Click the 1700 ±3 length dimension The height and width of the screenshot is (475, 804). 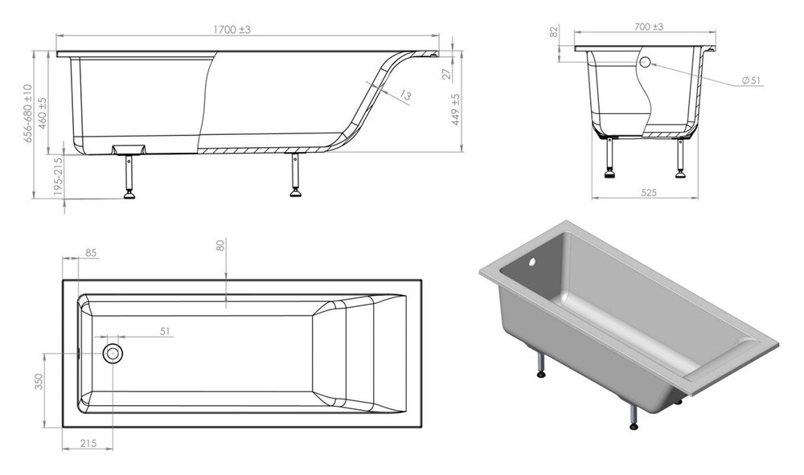pos(232,30)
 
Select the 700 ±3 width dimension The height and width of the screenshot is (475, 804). pos(649,27)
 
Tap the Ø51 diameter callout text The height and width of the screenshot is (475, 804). pos(752,80)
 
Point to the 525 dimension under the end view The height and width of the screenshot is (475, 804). pos(649,193)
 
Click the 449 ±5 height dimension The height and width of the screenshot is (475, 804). pos(456,109)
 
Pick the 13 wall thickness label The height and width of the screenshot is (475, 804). pos(405,95)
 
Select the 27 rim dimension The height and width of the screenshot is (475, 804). pos(447,74)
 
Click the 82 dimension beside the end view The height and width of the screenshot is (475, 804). pos(554,32)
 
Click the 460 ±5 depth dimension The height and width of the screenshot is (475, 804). pos(43,113)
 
